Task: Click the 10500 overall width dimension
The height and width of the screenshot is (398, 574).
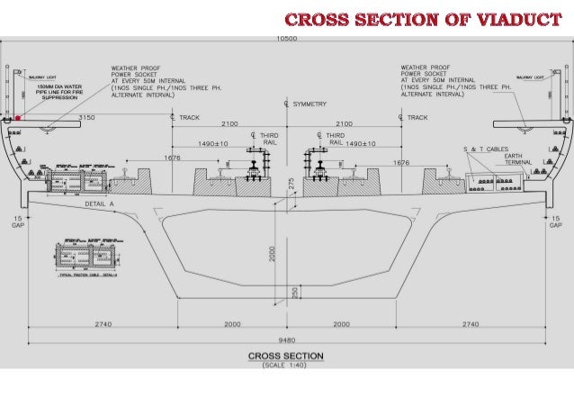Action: (x=287, y=39)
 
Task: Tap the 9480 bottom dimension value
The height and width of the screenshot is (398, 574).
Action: (x=287, y=340)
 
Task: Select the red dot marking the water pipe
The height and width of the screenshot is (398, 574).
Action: (x=17, y=118)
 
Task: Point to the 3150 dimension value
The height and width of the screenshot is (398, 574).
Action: (x=87, y=117)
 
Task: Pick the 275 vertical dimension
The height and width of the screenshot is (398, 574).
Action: (x=291, y=184)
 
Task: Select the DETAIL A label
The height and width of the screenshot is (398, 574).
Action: (x=98, y=204)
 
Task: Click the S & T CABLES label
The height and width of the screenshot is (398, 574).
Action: (x=485, y=147)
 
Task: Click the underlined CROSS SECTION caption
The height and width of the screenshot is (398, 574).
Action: (x=285, y=356)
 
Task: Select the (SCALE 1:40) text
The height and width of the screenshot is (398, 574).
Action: (x=285, y=366)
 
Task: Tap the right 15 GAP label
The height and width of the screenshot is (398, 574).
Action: (x=555, y=222)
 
